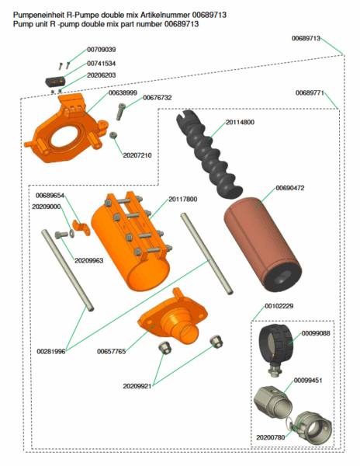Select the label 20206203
[101, 75]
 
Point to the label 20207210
[137, 155]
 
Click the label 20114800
[240, 123]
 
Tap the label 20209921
[137, 385]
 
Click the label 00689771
[310, 93]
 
